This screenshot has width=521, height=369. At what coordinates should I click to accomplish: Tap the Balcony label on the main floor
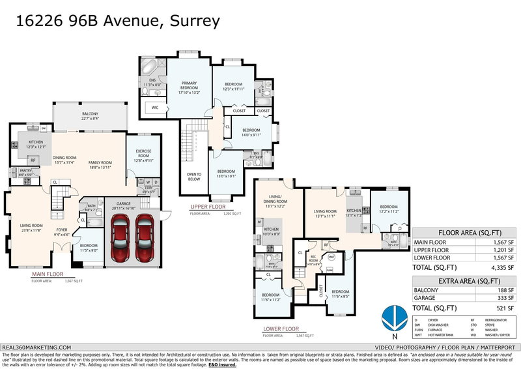pos(90,116)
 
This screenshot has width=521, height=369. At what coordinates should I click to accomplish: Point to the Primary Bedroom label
pos(189,87)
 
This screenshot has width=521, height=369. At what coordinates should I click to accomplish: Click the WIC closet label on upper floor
pos(155,106)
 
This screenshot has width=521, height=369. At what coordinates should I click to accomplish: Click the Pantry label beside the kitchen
pos(26,173)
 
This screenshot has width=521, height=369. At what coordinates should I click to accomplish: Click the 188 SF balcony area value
pos(506,290)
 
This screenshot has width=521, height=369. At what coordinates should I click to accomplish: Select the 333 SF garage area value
pos(506,299)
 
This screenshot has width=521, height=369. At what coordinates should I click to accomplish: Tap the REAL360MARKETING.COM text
pos(36,348)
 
